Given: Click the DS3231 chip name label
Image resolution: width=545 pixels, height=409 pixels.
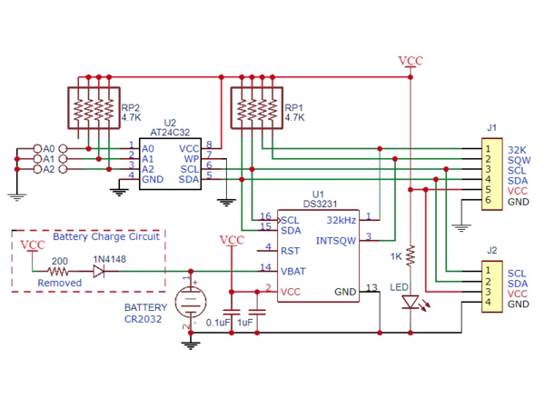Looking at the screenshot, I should tap(324, 204).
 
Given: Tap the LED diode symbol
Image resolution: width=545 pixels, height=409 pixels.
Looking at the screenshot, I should tap(411, 302).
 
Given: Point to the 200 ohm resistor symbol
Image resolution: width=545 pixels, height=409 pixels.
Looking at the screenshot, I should tap(59, 271).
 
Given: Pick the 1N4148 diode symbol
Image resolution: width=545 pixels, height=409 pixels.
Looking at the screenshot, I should tap(98, 271).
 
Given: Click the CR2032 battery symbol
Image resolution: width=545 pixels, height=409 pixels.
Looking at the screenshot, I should tap(191, 299).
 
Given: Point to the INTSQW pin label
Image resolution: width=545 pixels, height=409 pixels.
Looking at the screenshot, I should tap(335, 241).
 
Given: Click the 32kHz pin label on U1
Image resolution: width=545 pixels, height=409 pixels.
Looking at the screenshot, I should tap(341, 220).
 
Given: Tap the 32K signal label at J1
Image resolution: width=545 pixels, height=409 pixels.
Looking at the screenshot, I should tap(517, 149).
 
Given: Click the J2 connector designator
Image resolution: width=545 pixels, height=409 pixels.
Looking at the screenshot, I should tap(491, 250).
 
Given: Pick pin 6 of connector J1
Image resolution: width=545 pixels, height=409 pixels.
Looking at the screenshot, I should tap(488, 201).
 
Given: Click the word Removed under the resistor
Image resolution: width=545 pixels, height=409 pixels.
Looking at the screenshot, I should tap(59, 284).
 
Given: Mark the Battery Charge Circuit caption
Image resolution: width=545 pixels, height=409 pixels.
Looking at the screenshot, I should tap(105, 236).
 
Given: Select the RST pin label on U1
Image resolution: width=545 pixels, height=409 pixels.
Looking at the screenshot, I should tap(291, 250).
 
